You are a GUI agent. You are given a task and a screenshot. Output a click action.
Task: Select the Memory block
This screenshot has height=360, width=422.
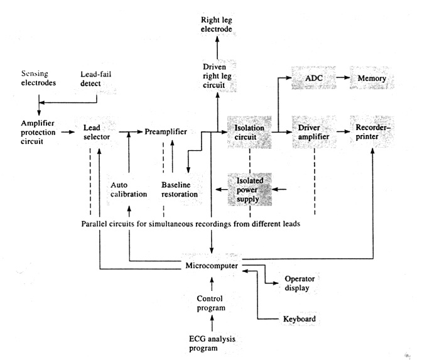click(372, 80)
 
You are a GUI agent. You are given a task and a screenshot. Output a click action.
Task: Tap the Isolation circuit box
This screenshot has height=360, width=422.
click(250, 133)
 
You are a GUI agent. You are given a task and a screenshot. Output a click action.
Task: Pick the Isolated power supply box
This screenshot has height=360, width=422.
click(249, 189)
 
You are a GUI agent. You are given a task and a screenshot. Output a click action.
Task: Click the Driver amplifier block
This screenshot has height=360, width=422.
click(310, 133)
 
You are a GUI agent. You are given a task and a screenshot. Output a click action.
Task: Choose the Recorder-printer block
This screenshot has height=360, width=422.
click(372, 133)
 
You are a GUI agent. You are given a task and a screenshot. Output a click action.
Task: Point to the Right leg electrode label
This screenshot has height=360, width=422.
click(218, 24)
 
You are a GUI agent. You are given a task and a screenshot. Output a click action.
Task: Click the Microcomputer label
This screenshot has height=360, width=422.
click(211, 266)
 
